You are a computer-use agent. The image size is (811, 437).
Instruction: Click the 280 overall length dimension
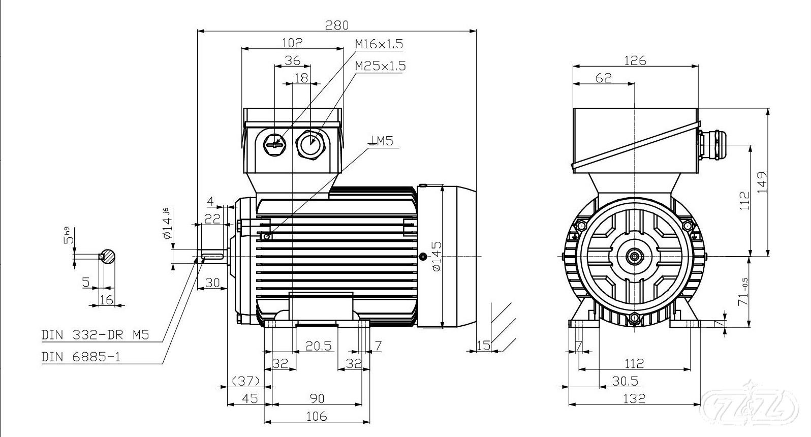tap(337, 25)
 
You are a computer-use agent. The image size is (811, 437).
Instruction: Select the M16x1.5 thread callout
tap(379, 44)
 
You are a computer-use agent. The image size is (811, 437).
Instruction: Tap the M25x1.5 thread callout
tap(380, 66)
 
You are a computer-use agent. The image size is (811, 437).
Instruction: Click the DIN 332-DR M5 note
tap(95, 335)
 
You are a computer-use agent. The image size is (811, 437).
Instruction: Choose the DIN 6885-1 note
tap(81, 357)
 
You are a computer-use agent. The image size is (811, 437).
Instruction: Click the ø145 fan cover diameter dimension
tap(437, 256)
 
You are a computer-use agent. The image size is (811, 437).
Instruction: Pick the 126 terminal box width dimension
tap(635, 60)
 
